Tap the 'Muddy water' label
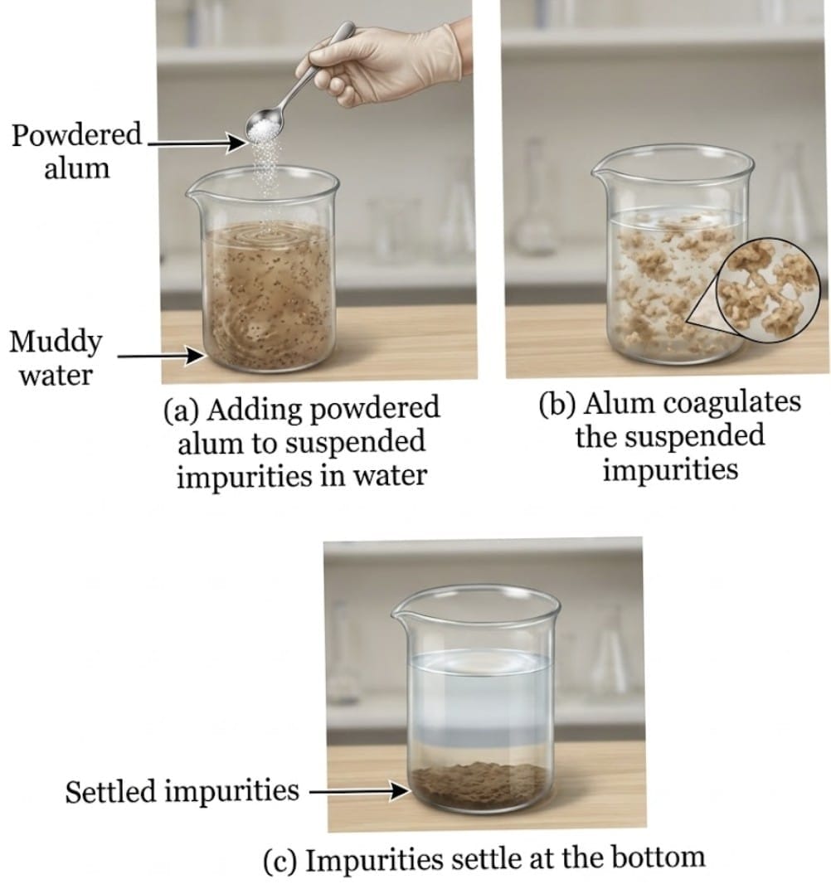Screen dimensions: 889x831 pos(56,358)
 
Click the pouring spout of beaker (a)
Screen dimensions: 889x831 pos(196,196)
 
